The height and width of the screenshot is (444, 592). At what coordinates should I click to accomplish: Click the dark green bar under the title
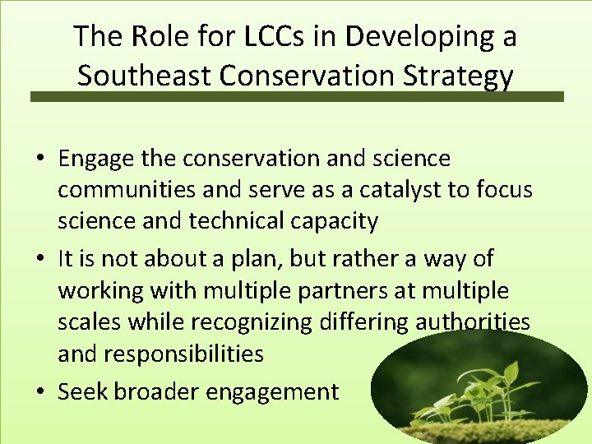(297, 96)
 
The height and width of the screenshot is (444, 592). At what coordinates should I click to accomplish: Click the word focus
(506, 190)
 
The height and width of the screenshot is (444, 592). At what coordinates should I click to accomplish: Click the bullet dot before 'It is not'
(39, 259)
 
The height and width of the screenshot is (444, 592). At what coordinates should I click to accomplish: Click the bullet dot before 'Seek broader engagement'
(39, 392)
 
